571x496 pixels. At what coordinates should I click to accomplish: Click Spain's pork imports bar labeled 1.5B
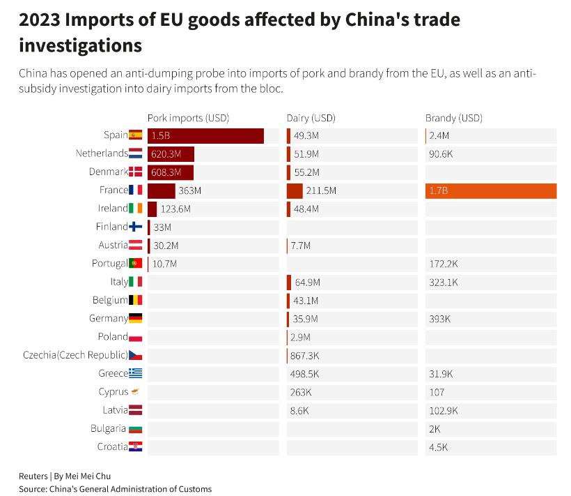click(205, 136)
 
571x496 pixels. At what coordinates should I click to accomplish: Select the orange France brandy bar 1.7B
click(491, 190)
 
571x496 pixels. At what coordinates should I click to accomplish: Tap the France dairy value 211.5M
click(321, 190)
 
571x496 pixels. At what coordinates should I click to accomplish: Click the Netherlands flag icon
click(136, 153)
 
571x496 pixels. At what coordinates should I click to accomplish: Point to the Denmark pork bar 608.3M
click(171, 172)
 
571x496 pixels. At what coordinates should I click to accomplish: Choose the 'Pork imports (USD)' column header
click(188, 118)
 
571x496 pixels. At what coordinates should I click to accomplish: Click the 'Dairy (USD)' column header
click(311, 118)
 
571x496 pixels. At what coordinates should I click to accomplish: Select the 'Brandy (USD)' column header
click(454, 118)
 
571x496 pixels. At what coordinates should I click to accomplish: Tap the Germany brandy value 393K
click(440, 319)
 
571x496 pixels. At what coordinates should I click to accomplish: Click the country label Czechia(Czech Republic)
click(75, 355)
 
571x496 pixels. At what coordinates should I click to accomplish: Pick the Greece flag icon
click(136, 373)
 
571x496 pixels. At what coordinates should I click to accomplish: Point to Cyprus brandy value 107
click(437, 392)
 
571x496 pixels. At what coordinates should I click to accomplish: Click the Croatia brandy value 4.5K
click(439, 446)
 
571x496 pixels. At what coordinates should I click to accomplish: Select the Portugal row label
click(109, 264)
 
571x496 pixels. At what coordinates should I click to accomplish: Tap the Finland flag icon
click(136, 227)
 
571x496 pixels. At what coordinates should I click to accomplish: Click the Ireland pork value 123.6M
click(175, 209)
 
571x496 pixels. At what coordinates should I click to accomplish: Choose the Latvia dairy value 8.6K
click(299, 410)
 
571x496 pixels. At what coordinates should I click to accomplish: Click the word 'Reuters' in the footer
click(33, 476)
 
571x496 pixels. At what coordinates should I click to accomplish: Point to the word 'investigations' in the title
click(80, 45)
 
